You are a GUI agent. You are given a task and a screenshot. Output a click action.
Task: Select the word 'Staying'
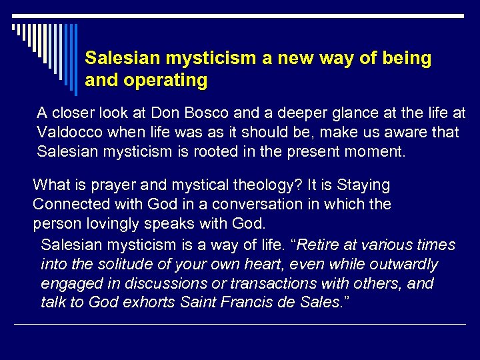(363, 185)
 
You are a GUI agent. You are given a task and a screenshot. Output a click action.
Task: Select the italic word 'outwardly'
(406, 265)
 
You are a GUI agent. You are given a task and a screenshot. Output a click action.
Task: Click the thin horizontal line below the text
(240, 325)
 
